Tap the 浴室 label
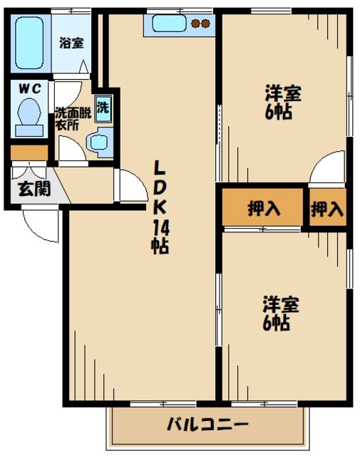point(71,42)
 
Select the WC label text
point(29,88)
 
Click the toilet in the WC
point(29,117)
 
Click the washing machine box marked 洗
point(104,108)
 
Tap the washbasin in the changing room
point(100,142)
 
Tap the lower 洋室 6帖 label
point(279,313)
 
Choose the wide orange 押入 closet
point(263,208)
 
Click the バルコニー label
point(208,426)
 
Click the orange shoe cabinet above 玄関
point(28,152)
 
